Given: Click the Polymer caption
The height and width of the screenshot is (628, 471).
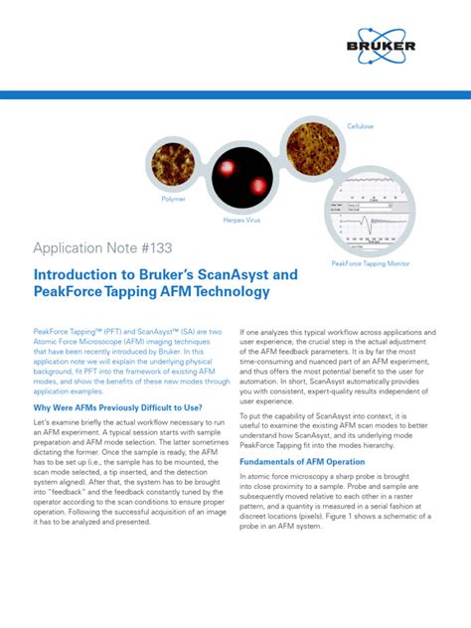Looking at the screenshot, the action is coord(173,200).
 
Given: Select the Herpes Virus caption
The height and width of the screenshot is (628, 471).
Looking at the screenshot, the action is coord(255,220).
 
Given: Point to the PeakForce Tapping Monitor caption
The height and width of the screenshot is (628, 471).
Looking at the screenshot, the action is coord(371,264).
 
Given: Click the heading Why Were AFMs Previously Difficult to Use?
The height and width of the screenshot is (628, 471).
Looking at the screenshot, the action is coord(118,408).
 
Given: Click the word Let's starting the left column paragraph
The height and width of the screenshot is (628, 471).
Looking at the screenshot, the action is coord(45,425).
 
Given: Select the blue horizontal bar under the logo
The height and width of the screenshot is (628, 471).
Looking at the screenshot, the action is coord(235,95).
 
